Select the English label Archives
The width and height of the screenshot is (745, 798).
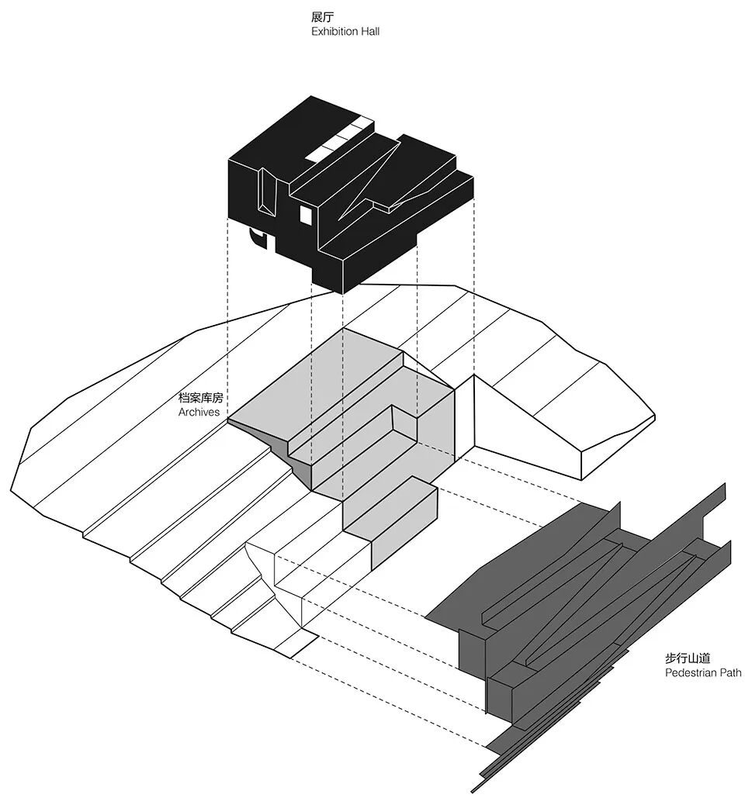pyautogui.click(x=199, y=412)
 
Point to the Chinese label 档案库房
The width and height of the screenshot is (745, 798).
pyautogui.click(x=200, y=398)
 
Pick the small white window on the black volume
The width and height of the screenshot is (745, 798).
pyautogui.click(x=306, y=214)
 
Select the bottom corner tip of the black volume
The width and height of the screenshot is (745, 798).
pyautogui.click(x=342, y=292)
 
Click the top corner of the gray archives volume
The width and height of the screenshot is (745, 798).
pyautogui.click(x=343, y=329)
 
